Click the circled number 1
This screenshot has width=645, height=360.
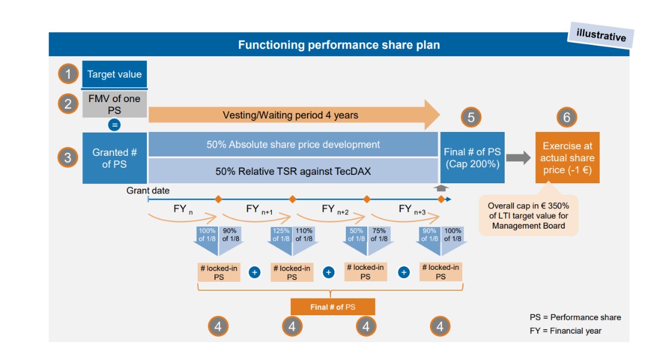coord(68,74)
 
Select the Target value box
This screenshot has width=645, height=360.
coord(115,75)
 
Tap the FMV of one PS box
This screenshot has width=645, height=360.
coord(114,105)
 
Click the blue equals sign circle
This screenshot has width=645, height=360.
coord(114,125)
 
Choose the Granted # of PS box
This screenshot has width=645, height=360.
coord(115,158)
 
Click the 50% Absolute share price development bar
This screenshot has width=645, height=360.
coord(293,144)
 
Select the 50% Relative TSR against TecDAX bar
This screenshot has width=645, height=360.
coord(293,171)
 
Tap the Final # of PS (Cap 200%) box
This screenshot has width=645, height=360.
coord(472,158)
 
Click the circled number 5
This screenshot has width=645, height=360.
coord(471,118)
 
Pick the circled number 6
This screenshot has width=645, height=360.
coord(567,118)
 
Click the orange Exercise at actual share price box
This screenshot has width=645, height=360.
coord(567,158)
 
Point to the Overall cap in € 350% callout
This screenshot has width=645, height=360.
coord(529,216)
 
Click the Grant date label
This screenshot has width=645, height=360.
coord(148,190)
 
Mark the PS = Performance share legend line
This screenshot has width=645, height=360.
coord(575,317)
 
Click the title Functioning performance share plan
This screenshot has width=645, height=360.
coord(339,45)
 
